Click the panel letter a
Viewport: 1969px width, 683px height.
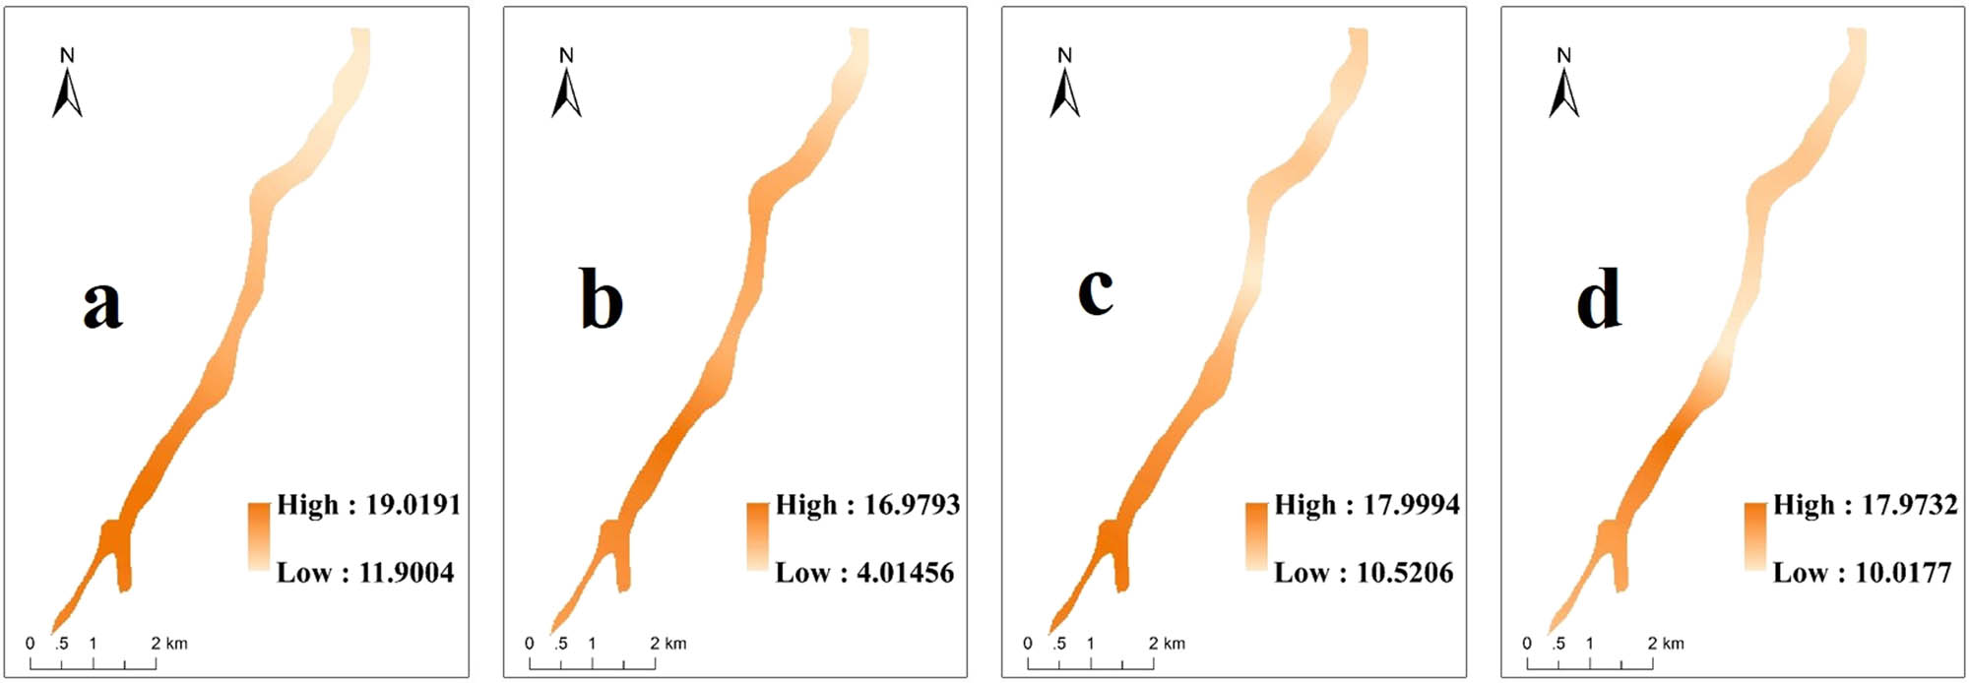point(102,302)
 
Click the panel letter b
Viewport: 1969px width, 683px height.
point(601,299)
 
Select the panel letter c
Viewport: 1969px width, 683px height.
point(1095,292)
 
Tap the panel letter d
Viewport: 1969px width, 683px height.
point(1598,299)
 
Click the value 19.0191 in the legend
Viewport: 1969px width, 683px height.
point(413,505)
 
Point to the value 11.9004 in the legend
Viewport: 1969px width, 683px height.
point(407,573)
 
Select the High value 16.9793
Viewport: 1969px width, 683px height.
point(912,505)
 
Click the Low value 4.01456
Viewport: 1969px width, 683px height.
point(906,573)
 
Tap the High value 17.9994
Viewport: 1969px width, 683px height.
point(1411,505)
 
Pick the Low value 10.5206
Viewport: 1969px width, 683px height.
point(1405,573)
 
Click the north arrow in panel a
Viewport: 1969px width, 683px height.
point(67,86)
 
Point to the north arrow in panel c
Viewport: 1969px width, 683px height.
point(1064,86)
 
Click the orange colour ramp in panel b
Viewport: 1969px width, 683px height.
point(757,536)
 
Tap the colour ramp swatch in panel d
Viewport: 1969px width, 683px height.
point(1754,536)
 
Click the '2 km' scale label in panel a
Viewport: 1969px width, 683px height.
point(169,644)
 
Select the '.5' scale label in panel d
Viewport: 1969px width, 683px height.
point(1558,644)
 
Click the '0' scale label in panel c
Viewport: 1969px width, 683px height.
point(1028,644)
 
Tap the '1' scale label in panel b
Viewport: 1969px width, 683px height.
point(592,644)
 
